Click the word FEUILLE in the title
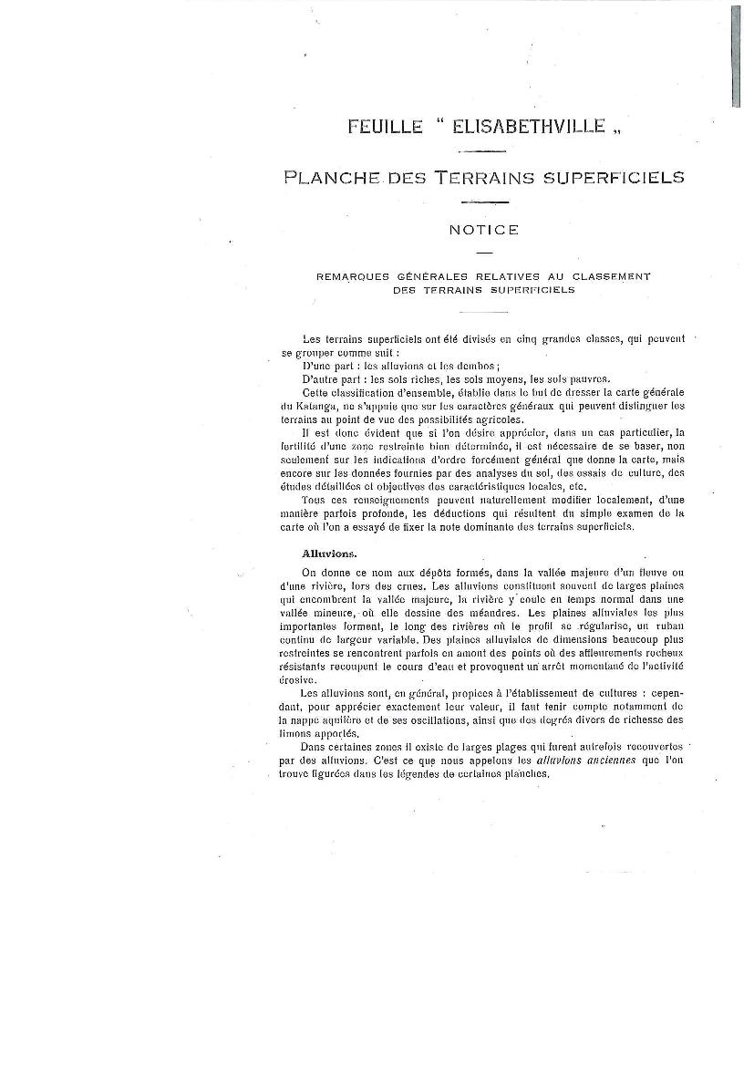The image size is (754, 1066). point(385,128)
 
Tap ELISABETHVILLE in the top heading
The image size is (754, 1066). point(529,128)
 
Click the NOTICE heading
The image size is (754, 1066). point(483,230)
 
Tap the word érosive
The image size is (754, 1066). point(298,679)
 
